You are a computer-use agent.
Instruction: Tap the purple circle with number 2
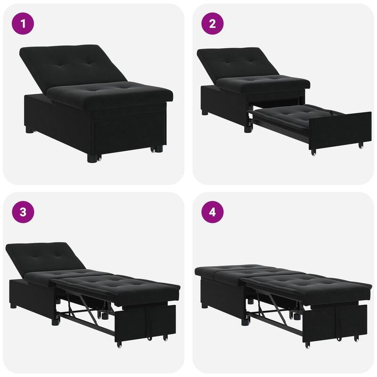pos(212,23)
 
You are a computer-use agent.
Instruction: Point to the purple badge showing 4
pos(212,212)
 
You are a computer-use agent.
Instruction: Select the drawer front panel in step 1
pos(125,132)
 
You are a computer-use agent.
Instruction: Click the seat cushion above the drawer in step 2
pos(264,85)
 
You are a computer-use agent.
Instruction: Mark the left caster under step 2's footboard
pos(313,152)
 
